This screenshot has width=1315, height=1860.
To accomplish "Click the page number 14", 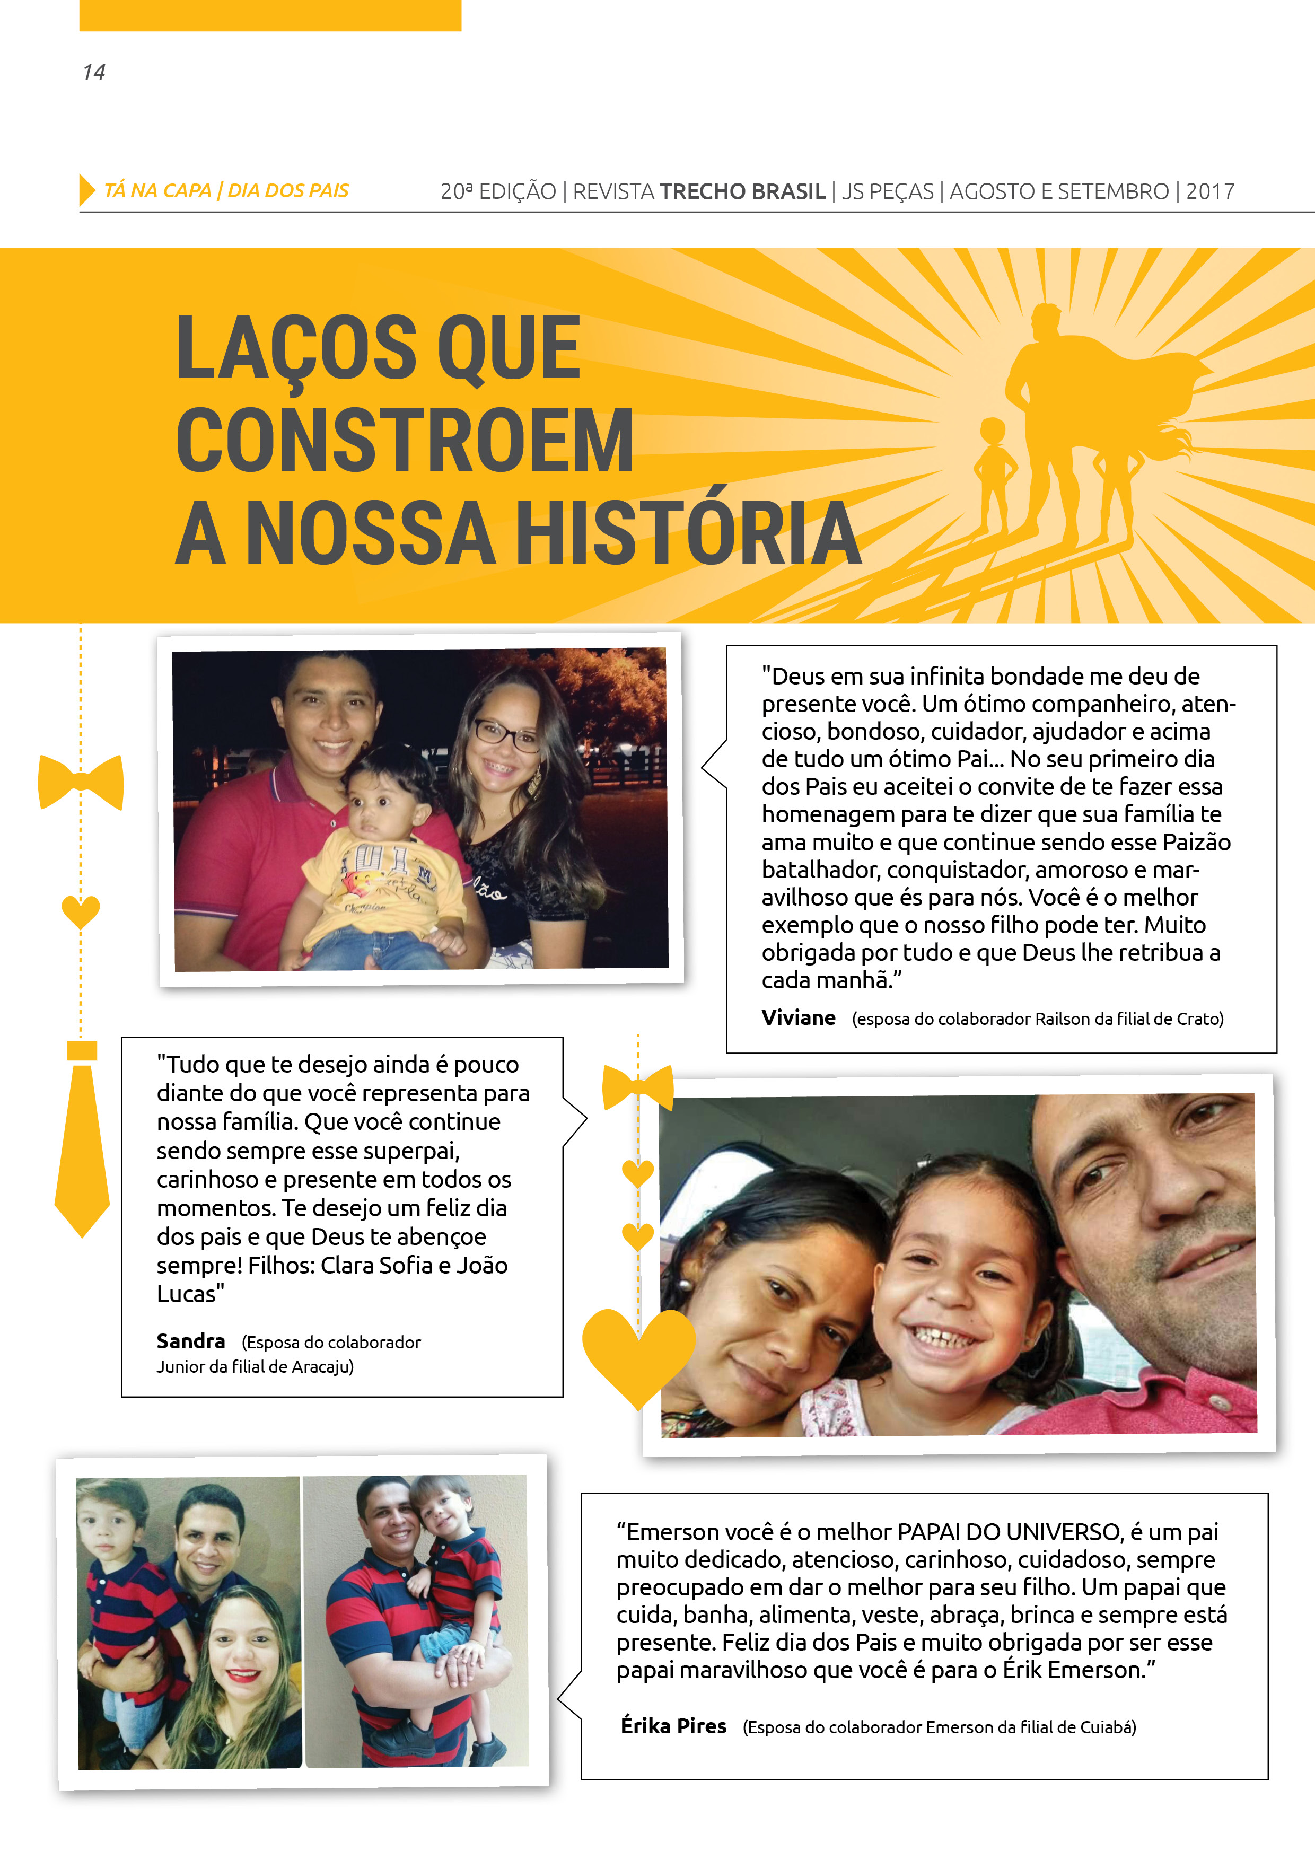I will pos(94,72).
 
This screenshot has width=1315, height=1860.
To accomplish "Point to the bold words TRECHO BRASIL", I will pos(742,192).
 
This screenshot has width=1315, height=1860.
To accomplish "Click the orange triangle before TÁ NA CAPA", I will pos(86,190).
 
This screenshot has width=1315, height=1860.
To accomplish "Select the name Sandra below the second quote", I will pos(190,1341).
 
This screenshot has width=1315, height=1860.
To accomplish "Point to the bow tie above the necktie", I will pos(81,782).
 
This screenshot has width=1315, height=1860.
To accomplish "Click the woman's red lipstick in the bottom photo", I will pos(244,1673).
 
